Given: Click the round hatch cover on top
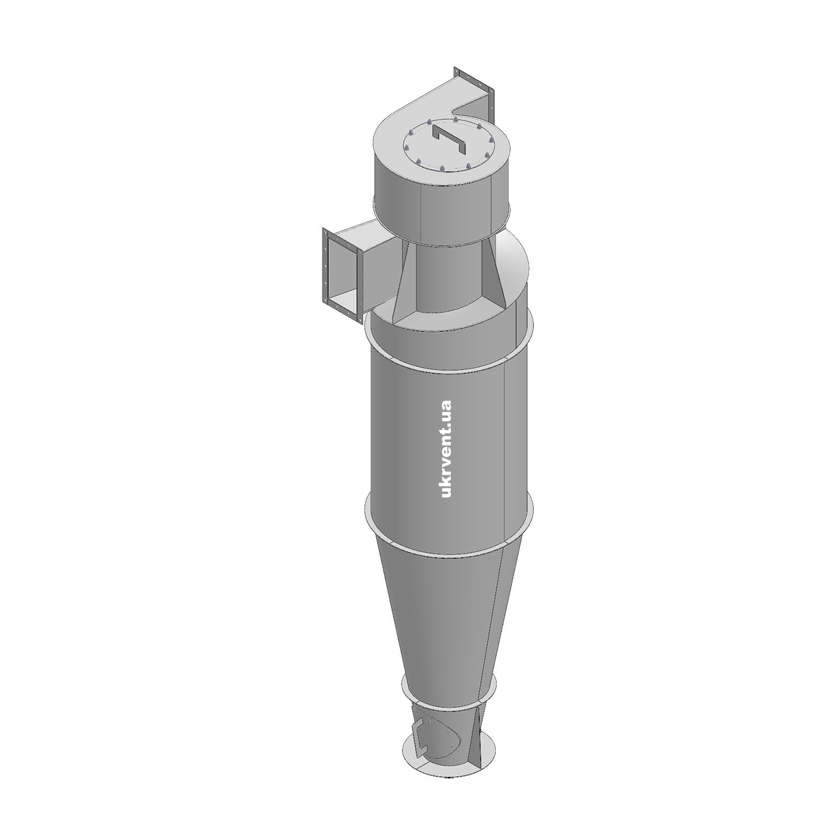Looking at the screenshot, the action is click(448, 144).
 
